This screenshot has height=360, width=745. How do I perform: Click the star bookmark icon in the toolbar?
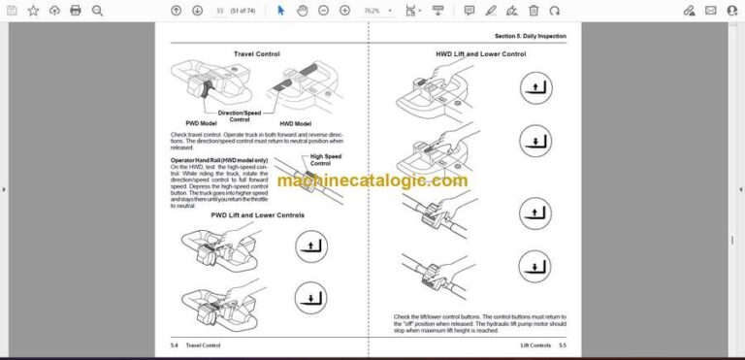click(33, 11)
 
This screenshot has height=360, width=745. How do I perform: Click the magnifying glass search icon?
click(97, 11)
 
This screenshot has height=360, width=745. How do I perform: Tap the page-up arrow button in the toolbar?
click(176, 11)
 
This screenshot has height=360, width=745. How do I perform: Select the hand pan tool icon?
click(302, 11)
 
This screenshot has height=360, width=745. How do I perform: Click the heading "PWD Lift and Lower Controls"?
click(257, 214)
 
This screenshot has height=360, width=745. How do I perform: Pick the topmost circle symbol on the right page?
click(533, 91)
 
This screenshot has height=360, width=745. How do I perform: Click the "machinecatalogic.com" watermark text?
click(372, 180)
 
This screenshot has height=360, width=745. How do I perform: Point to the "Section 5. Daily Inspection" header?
click(531, 36)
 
